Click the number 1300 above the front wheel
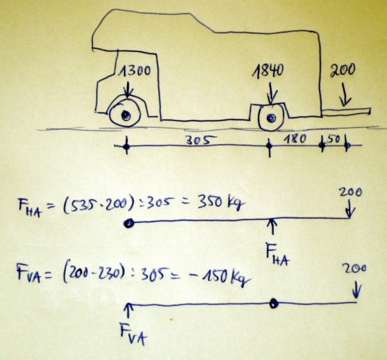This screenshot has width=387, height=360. pos(134,70)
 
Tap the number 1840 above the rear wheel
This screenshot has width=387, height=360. pos(268,70)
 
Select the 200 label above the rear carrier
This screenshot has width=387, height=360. pos(342,70)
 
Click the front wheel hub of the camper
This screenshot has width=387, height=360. pos(125,115)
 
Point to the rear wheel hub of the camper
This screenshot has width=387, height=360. pos(271,118)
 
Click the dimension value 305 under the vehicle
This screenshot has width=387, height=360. pos(201,140)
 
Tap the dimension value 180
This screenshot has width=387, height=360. pos(295,139)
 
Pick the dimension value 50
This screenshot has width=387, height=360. pos(334,139)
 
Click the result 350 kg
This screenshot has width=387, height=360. pos(221,203)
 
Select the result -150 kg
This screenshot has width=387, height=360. pos(219,278)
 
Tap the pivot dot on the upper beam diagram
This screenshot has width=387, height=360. pos(128,223)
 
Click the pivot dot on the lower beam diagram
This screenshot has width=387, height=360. pos(274,303)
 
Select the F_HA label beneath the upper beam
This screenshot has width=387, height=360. pos(278,255)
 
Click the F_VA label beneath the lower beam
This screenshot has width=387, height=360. pos(133,334)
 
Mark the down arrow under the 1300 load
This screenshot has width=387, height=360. pos(128,88)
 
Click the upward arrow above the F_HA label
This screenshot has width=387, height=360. pos(272,226)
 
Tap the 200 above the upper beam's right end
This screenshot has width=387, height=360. pos(351,192)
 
